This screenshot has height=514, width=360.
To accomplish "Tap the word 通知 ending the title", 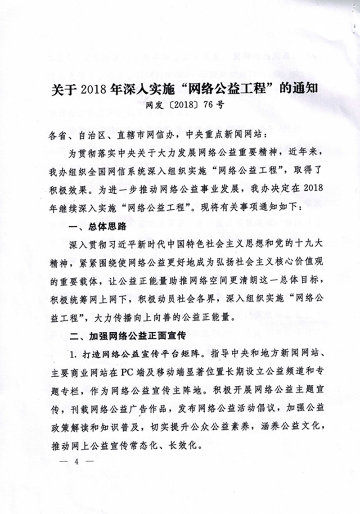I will point(305,89).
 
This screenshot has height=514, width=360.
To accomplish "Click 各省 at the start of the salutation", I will point(54,134).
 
